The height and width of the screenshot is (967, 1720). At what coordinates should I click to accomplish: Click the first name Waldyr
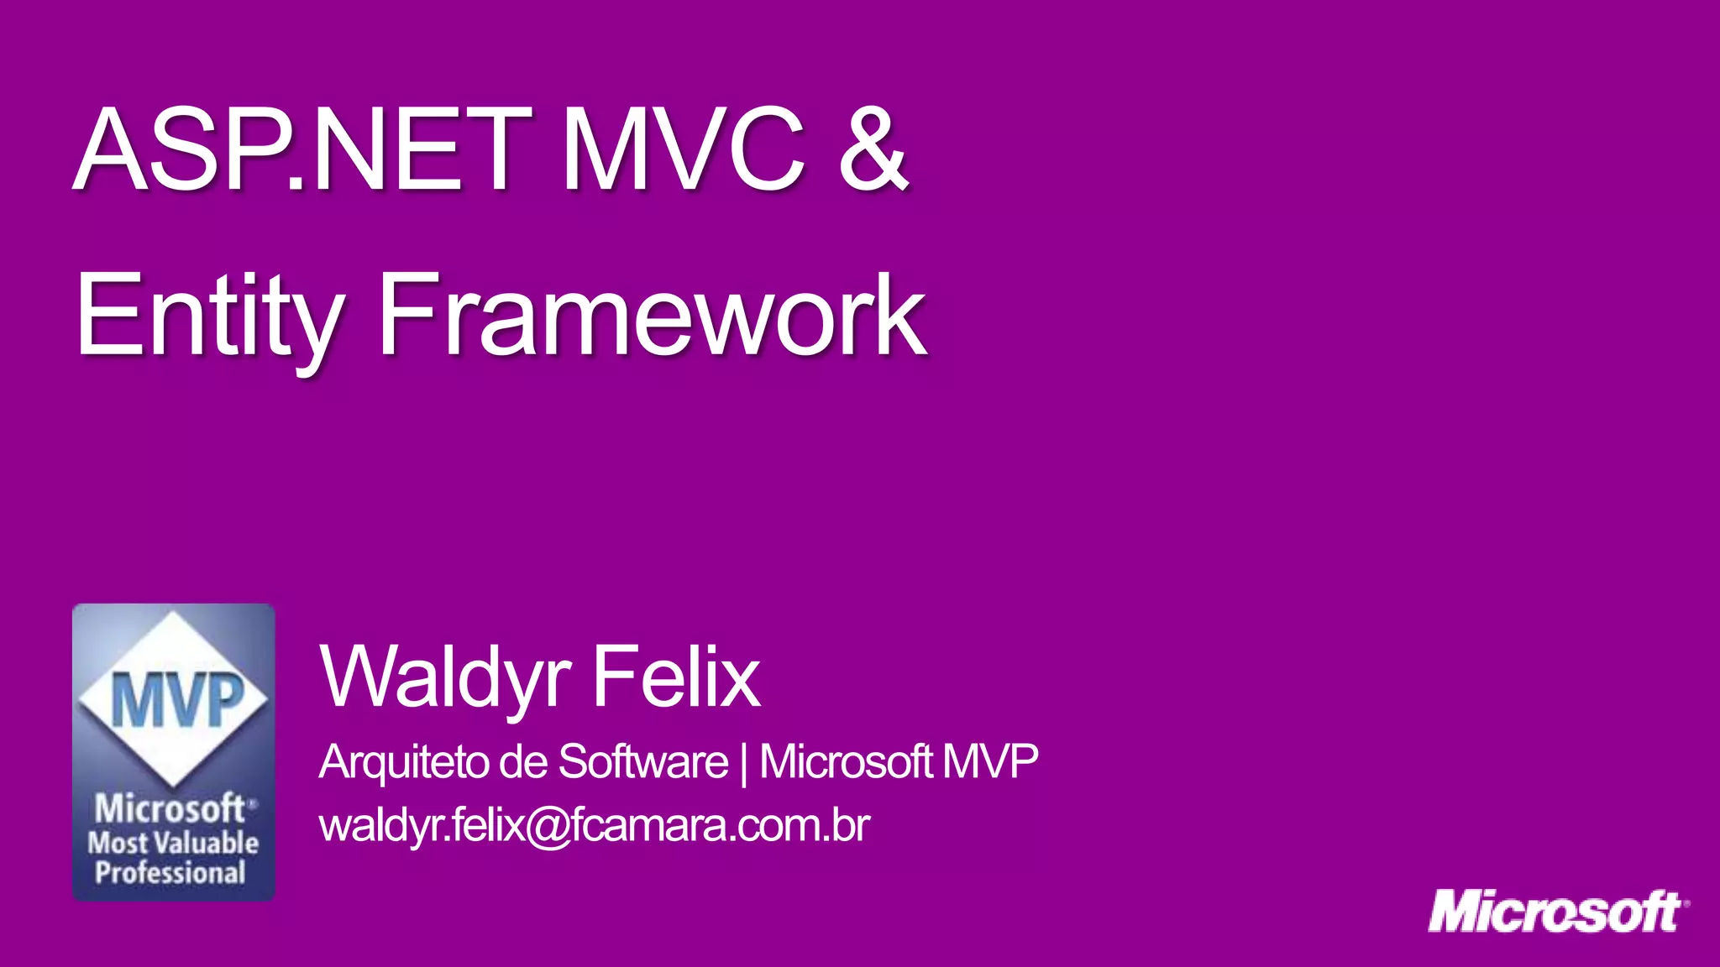point(446,677)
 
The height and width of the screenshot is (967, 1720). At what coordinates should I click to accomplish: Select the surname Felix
point(676,677)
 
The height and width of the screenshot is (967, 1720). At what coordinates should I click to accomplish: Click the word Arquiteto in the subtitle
point(404,762)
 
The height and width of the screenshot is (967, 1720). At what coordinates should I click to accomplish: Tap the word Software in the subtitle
point(643,762)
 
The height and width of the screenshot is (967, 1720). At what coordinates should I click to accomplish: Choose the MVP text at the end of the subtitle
point(990,762)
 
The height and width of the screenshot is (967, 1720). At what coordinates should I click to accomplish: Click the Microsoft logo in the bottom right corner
point(1558,912)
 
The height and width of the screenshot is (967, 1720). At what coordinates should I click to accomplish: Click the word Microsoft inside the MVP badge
point(170,809)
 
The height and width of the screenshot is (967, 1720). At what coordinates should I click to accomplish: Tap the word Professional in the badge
point(170,873)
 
